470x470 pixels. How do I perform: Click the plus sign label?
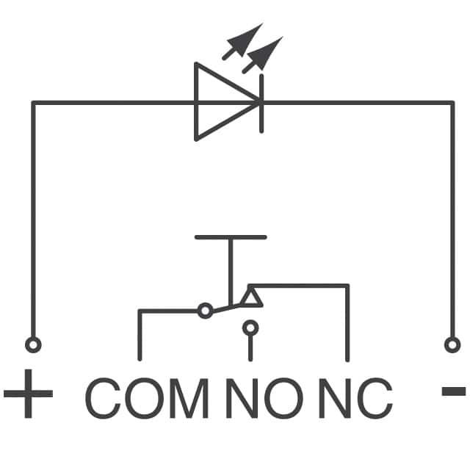pyautogui.click(x=28, y=394)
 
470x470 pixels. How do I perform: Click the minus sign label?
pyautogui.click(x=452, y=391)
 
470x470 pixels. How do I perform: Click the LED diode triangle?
pyautogui.click(x=224, y=101)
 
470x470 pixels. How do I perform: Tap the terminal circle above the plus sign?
pyautogui.click(x=32, y=344)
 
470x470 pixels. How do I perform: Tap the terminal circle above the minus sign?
pyautogui.click(x=452, y=344)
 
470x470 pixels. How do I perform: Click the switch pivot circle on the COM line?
pyautogui.click(x=205, y=311)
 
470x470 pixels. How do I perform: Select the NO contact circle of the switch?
pyautogui.click(x=250, y=327)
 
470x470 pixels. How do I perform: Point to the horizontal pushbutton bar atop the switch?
pyautogui.click(x=231, y=237)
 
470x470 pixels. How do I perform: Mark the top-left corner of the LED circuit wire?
pyautogui.click(x=32, y=102)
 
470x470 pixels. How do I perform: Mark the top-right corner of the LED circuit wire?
pyautogui.click(x=452, y=102)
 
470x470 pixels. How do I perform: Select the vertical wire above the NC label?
pyautogui.click(x=347, y=323)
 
